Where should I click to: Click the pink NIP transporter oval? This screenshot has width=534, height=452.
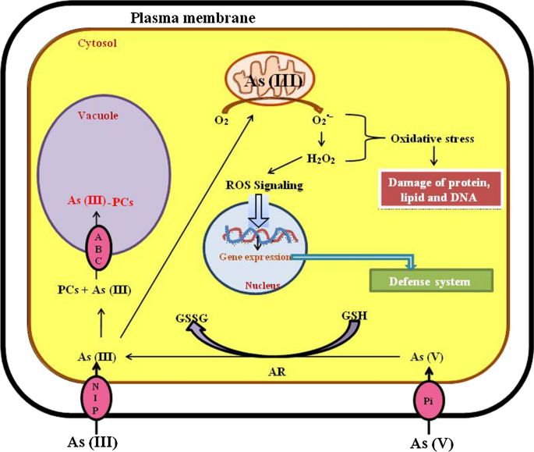[x=97, y=397]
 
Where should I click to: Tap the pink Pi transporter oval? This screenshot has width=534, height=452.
[x=429, y=400]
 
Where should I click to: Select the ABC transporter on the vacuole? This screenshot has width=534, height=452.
[x=98, y=248]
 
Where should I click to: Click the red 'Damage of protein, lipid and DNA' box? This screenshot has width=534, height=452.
[x=440, y=190]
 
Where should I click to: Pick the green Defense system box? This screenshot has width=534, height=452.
[x=431, y=281]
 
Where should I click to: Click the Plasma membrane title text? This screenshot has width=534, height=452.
[x=193, y=18]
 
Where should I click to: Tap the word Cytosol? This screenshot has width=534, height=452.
[x=97, y=43]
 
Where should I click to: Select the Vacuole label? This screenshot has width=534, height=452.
[x=98, y=116]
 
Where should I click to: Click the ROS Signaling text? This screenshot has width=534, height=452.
[x=264, y=185]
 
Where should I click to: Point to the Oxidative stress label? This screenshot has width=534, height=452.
[x=432, y=139]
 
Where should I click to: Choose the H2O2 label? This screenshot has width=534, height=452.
[x=321, y=159]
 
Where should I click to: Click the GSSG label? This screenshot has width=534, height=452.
[x=192, y=319]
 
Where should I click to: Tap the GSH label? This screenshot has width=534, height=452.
[x=355, y=316]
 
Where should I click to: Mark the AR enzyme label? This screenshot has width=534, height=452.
[x=277, y=372]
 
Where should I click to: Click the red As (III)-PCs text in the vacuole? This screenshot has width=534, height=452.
[x=101, y=201]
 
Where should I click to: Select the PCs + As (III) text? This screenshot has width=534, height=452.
[x=94, y=290]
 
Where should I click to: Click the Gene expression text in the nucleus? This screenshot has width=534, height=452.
[x=255, y=257]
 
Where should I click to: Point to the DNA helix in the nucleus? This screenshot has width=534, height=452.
[x=260, y=235]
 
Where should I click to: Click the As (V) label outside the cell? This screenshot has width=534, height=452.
[x=432, y=443]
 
